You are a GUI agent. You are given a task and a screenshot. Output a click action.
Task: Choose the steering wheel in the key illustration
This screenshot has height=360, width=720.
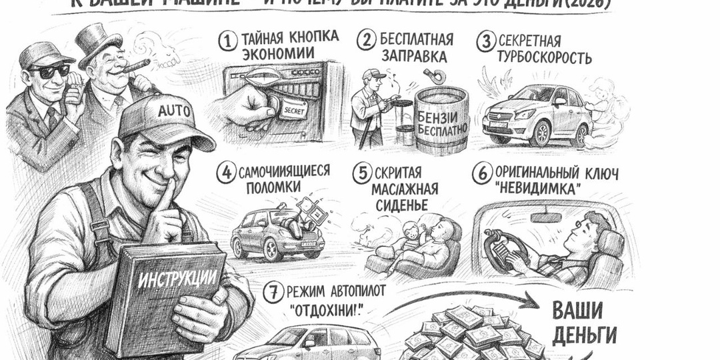[x=507, y=246]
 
